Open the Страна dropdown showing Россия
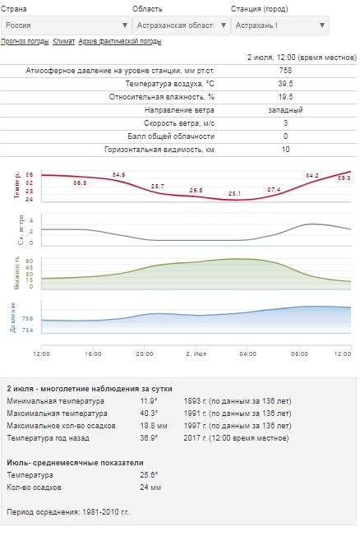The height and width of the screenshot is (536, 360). pyautogui.click(x=67, y=25)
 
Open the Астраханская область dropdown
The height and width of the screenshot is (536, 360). pyautogui.click(x=181, y=25)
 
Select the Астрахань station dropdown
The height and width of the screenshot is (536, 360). pyautogui.click(x=280, y=25)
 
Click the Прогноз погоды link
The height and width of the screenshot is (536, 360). pyautogui.click(x=25, y=41)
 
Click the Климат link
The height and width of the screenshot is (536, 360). pyautogui.click(x=63, y=41)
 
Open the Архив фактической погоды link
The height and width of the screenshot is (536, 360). pyautogui.click(x=120, y=41)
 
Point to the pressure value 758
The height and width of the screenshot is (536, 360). pyautogui.click(x=285, y=71)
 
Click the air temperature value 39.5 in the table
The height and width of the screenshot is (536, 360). pyautogui.click(x=285, y=84)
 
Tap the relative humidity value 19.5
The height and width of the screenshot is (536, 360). pyautogui.click(x=285, y=97)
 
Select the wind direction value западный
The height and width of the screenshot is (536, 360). pyautogui.click(x=285, y=110)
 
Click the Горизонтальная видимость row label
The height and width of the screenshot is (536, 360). pyautogui.click(x=159, y=150)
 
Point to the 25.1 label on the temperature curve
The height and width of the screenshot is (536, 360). pyautogui.click(x=234, y=193)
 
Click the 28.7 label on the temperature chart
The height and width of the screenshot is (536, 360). pyautogui.click(x=158, y=187)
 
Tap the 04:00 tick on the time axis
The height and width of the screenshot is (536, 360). pyautogui.click(x=248, y=353)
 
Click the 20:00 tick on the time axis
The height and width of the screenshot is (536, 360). pyautogui.click(x=145, y=353)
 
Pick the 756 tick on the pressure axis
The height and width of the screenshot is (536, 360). pyautogui.click(x=28, y=319)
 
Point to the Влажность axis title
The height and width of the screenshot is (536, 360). pyautogui.click(x=16, y=273)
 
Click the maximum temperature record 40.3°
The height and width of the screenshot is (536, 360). pyautogui.click(x=149, y=414)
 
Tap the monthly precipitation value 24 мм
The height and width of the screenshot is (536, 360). pyautogui.click(x=150, y=487)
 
